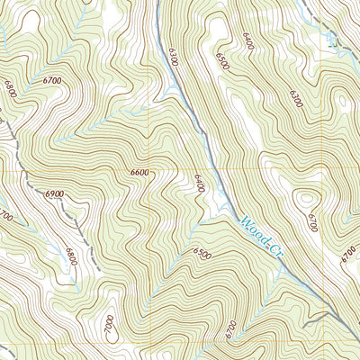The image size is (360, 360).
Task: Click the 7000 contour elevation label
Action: coord(109,321)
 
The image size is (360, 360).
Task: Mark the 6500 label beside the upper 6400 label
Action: coord(222,60)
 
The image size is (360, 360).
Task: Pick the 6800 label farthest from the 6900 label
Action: coord(10,90)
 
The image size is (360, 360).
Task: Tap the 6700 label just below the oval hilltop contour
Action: coord(311,220)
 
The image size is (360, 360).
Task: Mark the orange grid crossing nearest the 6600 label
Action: coord(192,170)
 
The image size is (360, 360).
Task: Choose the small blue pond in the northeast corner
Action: coord(337,40)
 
